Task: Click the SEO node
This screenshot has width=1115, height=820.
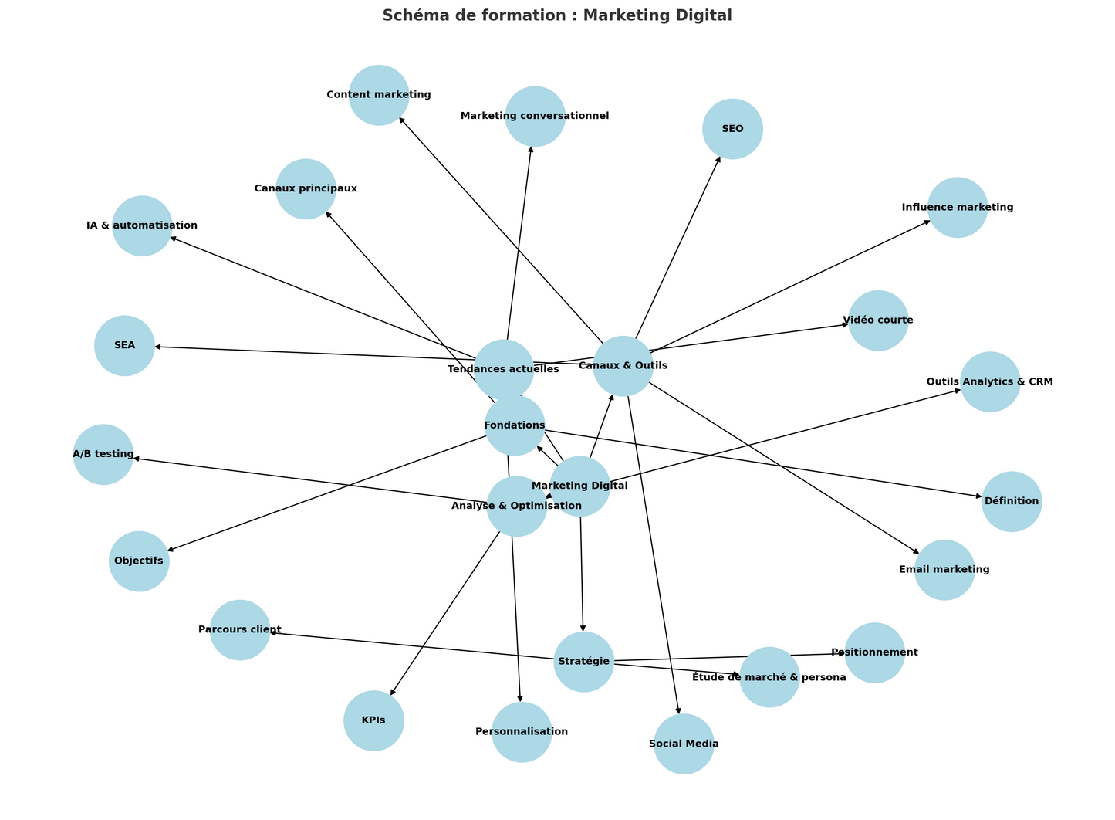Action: [732, 129]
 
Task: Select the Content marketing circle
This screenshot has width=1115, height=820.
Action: [378, 95]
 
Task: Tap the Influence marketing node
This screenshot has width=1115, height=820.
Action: [957, 207]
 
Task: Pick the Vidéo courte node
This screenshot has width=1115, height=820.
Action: [877, 320]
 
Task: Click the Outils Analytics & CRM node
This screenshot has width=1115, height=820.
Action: [989, 381]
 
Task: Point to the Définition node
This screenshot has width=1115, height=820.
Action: [1011, 501]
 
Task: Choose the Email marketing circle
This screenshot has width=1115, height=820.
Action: [944, 570]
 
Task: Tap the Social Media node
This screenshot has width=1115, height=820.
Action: [684, 744]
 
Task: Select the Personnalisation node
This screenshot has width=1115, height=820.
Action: [522, 732]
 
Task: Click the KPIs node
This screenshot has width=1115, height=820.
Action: [373, 721]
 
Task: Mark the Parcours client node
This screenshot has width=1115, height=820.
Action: [239, 630]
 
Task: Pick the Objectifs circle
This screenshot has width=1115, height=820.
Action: [139, 561]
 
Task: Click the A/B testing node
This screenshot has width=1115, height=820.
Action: [103, 454]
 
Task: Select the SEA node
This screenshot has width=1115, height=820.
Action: [124, 346]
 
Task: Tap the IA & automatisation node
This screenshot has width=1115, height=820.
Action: [142, 225]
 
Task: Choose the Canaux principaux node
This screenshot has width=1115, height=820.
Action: [306, 188]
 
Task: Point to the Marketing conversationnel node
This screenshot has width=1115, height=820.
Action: [535, 116]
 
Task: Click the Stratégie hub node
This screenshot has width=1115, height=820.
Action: [583, 662]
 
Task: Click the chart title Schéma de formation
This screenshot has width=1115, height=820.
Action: [557, 15]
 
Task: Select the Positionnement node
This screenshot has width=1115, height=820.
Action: [874, 652]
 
